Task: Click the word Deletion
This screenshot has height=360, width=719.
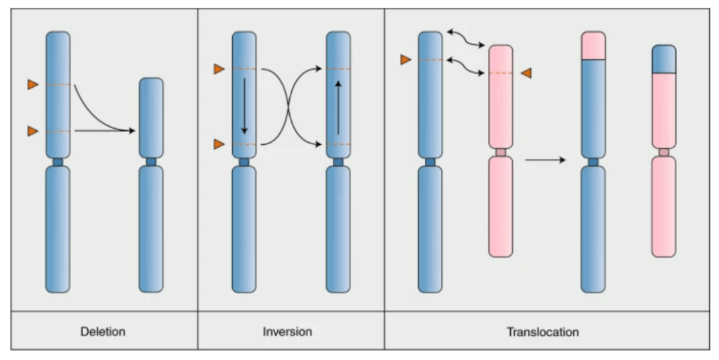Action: coord(104,330)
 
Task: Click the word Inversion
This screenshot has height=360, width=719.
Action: coord(291,330)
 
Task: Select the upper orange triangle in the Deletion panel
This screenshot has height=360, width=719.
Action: coord(32,85)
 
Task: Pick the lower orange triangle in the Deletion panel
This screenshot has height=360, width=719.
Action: coord(32,131)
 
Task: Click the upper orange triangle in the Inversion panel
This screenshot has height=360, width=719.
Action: coord(219,69)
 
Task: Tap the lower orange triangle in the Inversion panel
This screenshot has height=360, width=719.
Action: coord(219,144)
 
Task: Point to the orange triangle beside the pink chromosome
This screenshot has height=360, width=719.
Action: coord(526,73)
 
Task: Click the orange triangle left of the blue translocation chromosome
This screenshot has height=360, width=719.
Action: coord(405,60)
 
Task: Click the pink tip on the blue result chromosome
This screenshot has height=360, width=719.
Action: coord(593,46)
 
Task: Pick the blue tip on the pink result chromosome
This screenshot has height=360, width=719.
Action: coord(663,59)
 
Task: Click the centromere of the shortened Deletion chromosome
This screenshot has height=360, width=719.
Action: coord(151,162)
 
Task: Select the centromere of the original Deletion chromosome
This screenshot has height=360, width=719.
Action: coord(58,162)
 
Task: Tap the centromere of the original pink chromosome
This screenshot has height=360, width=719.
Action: coord(500,153)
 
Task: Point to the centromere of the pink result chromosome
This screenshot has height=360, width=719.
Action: coord(663,153)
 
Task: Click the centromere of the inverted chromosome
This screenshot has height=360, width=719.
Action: coord(338,162)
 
